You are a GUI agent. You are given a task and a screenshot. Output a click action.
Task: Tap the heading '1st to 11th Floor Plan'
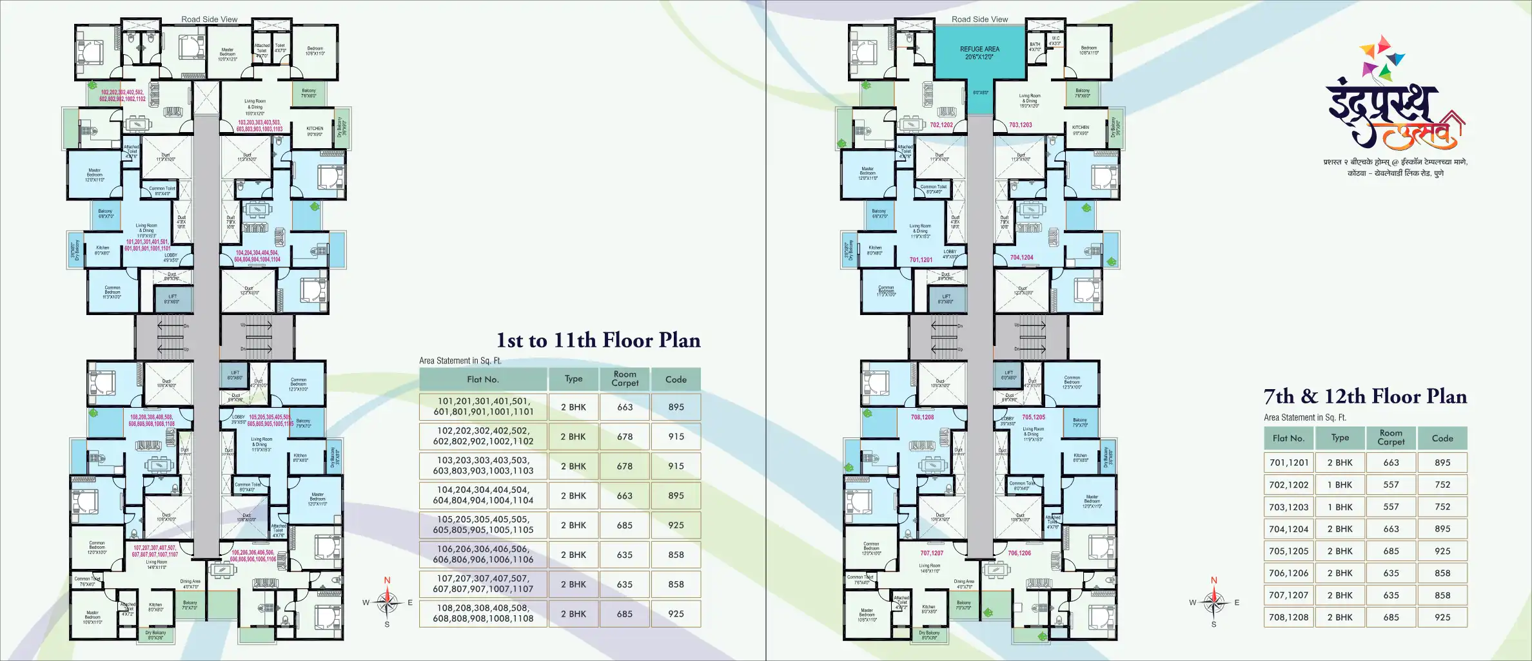click(x=598, y=340)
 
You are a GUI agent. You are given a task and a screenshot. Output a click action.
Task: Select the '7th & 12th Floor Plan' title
click(x=1365, y=396)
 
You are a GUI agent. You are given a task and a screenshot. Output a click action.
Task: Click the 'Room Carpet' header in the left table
click(x=625, y=379)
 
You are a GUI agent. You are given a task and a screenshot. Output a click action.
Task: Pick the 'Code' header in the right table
click(x=1442, y=438)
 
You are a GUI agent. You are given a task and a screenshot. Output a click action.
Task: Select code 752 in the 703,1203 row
click(x=1442, y=507)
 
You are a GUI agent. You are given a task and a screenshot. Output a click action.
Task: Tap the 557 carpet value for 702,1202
click(x=1391, y=485)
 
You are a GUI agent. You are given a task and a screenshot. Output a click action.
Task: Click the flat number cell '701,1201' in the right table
click(x=1289, y=463)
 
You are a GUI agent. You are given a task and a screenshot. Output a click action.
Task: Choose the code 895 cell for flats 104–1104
click(x=676, y=495)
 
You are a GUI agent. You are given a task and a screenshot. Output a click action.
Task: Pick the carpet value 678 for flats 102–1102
click(x=625, y=437)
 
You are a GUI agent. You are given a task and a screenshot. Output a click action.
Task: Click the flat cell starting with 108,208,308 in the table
click(x=483, y=613)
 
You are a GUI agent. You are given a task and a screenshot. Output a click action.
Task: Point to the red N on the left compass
click(x=387, y=580)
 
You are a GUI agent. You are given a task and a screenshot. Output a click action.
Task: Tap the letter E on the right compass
click(x=1237, y=603)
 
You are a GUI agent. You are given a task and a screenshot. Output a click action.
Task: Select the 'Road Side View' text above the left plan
click(x=210, y=19)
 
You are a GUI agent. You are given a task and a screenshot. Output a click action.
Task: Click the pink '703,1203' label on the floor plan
click(x=1020, y=125)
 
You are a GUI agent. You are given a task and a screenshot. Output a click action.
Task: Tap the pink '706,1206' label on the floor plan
click(x=1019, y=553)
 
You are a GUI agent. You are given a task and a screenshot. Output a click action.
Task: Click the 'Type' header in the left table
click(x=573, y=379)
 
